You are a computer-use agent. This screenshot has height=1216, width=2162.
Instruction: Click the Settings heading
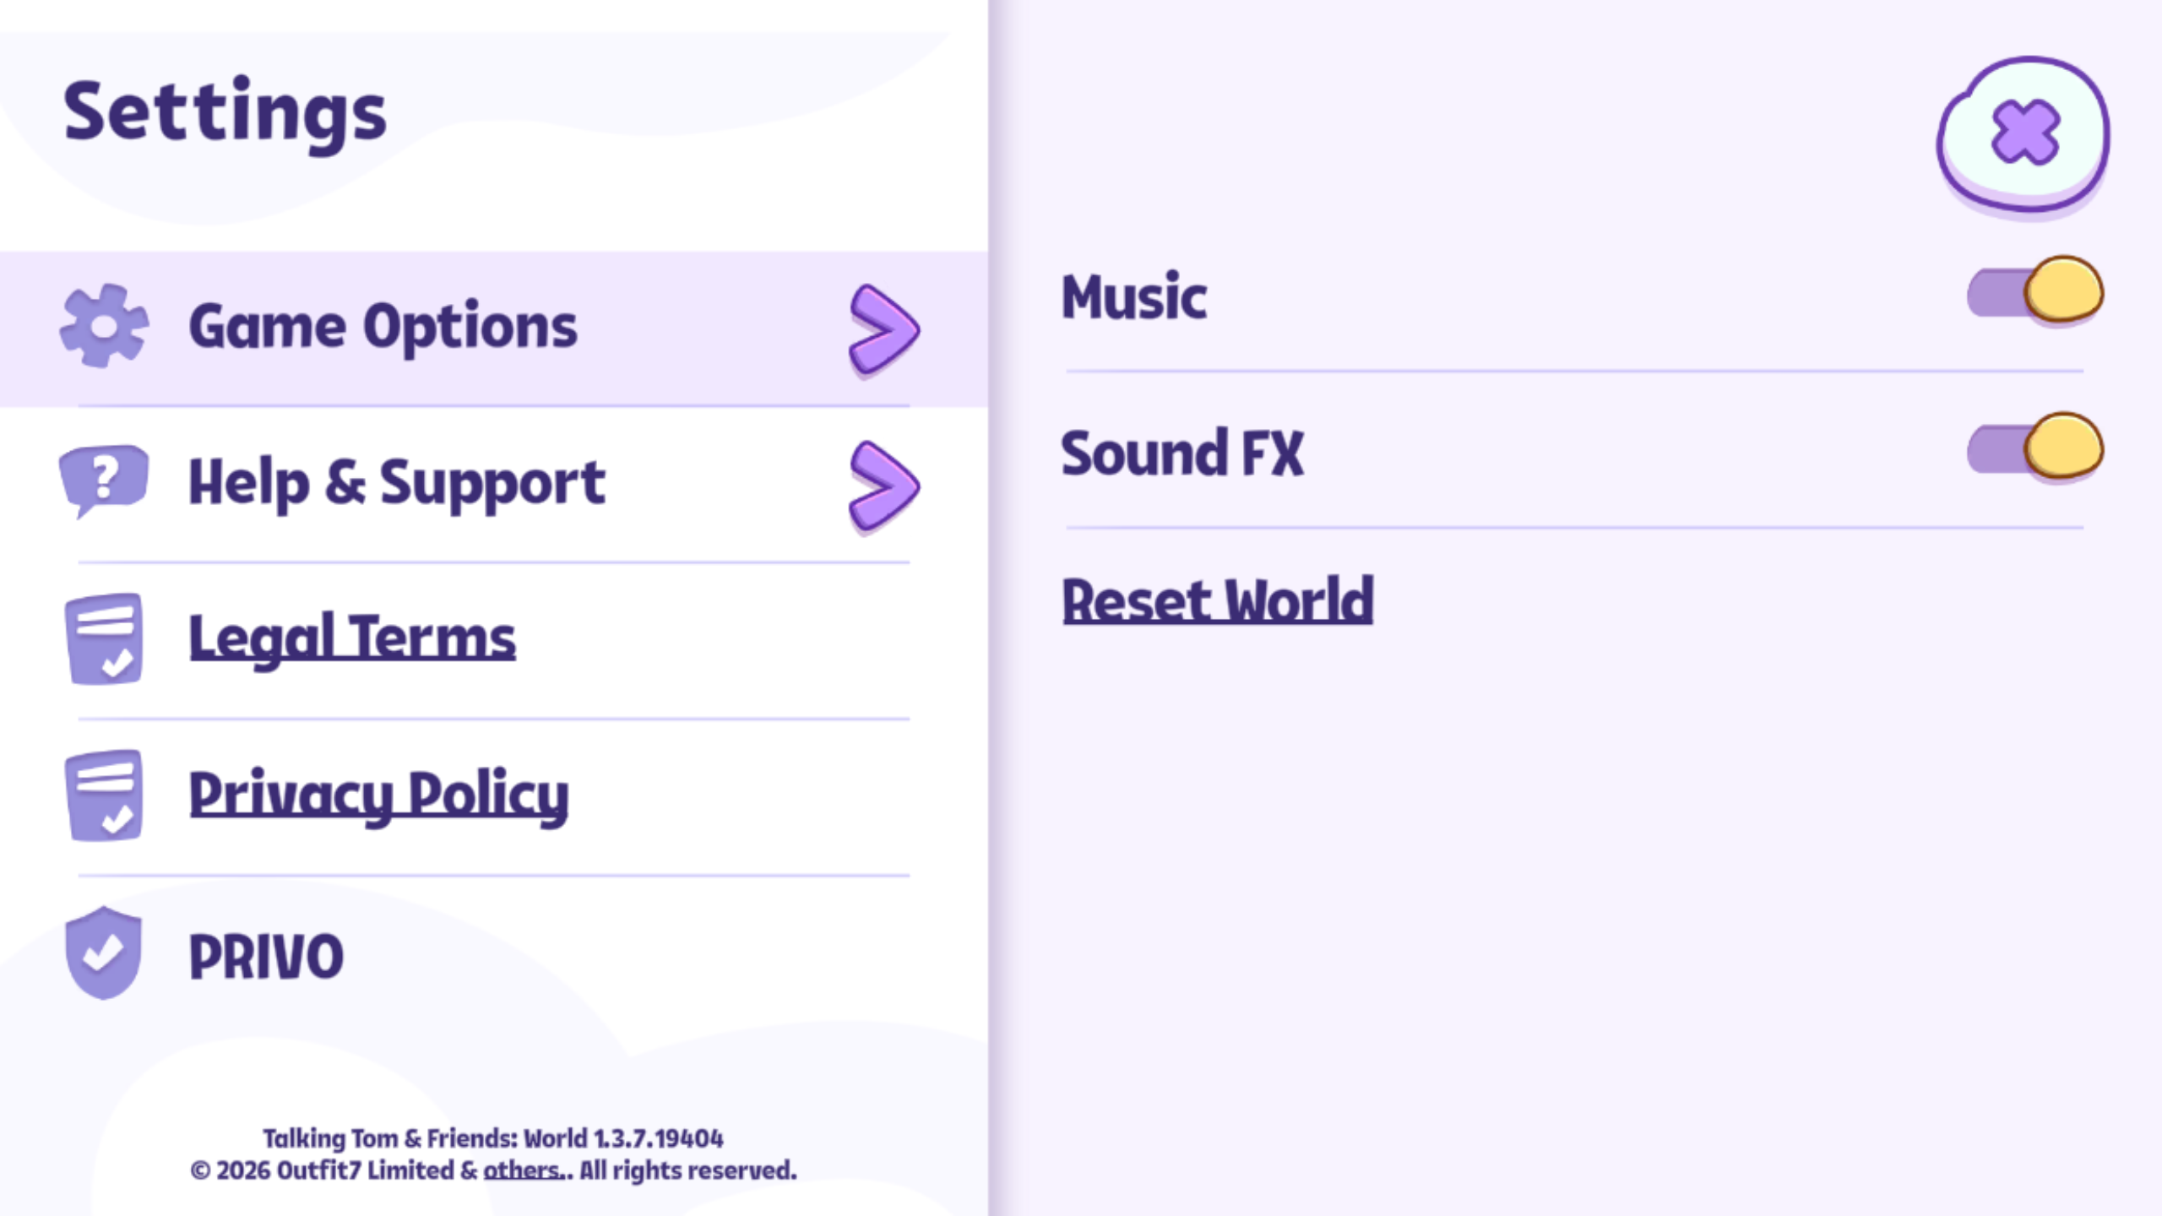pyautogui.click(x=225, y=115)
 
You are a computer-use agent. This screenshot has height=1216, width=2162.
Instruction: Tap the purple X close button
pyautogui.click(x=2023, y=133)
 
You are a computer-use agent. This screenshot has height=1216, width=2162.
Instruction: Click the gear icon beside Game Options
pyautogui.click(x=104, y=326)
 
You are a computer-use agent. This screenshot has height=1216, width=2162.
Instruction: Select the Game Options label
pyautogui.click(x=383, y=328)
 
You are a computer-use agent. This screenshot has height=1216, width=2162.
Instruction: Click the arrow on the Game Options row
pyautogui.click(x=883, y=328)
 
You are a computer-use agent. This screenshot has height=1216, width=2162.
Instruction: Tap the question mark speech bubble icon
pyautogui.click(x=103, y=480)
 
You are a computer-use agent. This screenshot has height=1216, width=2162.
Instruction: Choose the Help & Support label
pyautogui.click(x=397, y=483)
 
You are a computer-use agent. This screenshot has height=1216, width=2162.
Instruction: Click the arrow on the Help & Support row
pyautogui.click(x=883, y=486)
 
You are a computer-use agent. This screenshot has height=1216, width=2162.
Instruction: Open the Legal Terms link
pyautogui.click(x=352, y=638)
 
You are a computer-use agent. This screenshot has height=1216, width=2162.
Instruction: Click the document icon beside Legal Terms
pyautogui.click(x=104, y=638)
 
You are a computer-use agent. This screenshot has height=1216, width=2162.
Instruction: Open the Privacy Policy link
pyautogui.click(x=378, y=795)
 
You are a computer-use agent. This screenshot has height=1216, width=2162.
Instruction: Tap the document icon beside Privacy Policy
pyautogui.click(x=104, y=795)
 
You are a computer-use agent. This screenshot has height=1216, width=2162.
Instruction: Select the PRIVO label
pyautogui.click(x=266, y=957)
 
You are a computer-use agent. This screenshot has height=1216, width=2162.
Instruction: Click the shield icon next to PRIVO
pyautogui.click(x=103, y=953)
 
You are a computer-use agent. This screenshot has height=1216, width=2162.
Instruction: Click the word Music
pyautogui.click(x=1134, y=297)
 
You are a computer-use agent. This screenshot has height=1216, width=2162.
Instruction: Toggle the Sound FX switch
pyautogui.click(x=2035, y=448)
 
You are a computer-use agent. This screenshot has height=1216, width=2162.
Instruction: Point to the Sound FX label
pyautogui.click(x=1182, y=453)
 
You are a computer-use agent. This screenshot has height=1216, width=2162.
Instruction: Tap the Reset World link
pyautogui.click(x=1217, y=600)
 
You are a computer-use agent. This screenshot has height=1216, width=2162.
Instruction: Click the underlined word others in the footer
pyautogui.click(x=521, y=1170)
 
